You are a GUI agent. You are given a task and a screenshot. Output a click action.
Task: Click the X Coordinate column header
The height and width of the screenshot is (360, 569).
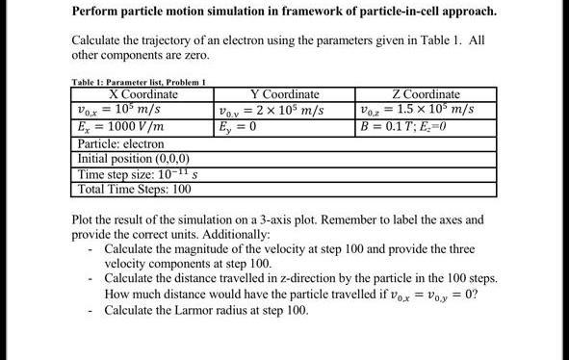[143, 94]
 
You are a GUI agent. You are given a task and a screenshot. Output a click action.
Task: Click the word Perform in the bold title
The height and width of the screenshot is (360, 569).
[100, 12]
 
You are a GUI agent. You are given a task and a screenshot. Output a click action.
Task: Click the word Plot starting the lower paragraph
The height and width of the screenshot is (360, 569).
[86, 219]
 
